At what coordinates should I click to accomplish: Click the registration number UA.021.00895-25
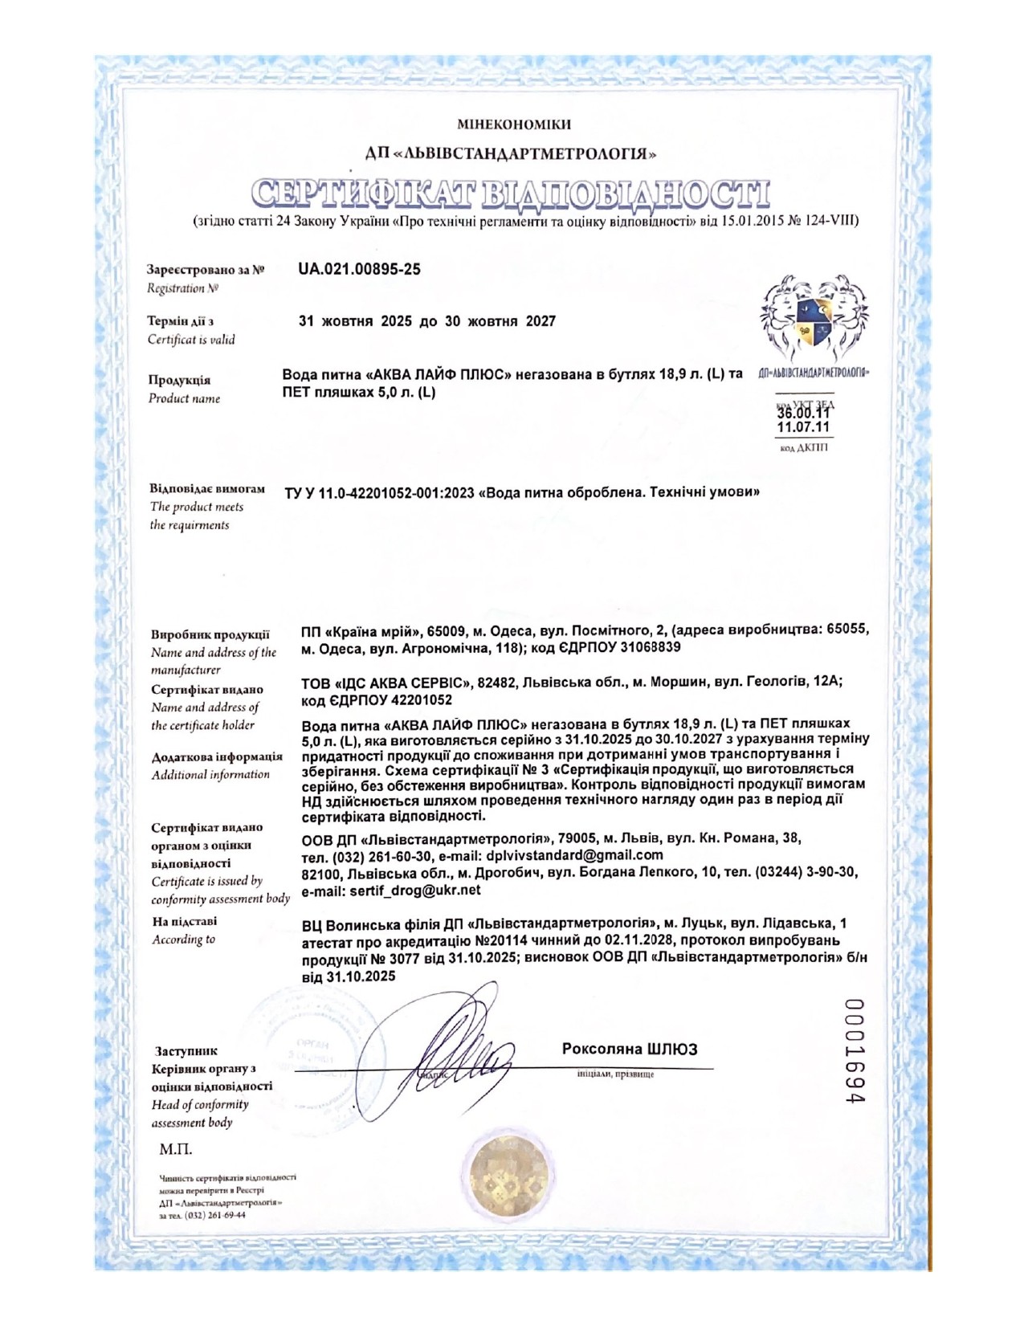[359, 270]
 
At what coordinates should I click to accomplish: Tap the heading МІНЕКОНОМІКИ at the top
[513, 124]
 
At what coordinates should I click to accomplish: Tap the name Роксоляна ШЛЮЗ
[630, 1049]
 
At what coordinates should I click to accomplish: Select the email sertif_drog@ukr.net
[391, 890]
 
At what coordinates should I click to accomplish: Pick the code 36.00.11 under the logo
[803, 414]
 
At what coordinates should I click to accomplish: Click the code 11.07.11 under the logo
[803, 427]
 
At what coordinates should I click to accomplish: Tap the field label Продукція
[179, 380]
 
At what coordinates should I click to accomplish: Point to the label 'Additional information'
[210, 775]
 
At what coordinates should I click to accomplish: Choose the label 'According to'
[184, 939]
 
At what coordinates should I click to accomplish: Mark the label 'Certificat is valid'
[191, 340]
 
